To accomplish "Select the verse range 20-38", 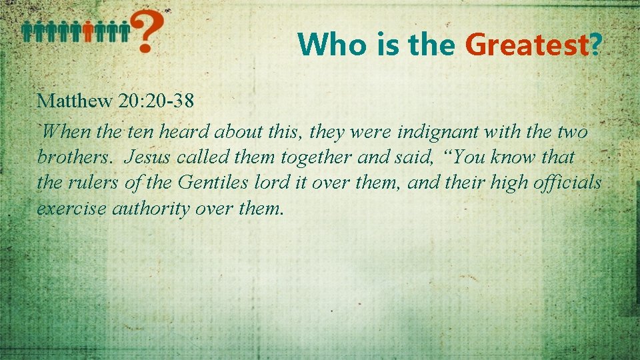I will point(172,101).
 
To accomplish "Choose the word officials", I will point(566,183).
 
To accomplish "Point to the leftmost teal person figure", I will point(27,31).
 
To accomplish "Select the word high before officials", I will point(506,183).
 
